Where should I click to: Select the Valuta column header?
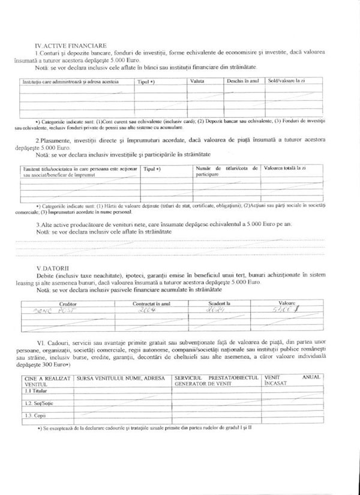[198, 80]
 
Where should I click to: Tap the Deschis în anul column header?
[242, 80]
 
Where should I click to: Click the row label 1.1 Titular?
[34, 391]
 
